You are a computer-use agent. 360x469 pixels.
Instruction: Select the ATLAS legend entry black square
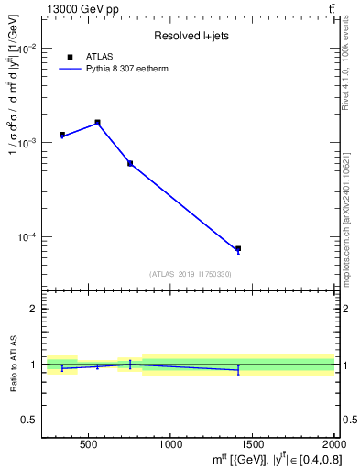pyautogui.click(x=70, y=57)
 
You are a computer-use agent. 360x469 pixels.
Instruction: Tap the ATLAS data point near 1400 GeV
pyautogui.click(x=238, y=249)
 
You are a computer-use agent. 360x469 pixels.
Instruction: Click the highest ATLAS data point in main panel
pyautogui.click(x=98, y=122)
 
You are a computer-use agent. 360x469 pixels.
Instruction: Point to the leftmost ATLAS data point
pyautogui.click(x=62, y=135)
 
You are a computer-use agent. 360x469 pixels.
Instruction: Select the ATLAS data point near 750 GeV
pyautogui.click(x=130, y=163)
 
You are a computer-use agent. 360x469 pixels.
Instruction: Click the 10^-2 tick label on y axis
pyautogui.click(x=27, y=49)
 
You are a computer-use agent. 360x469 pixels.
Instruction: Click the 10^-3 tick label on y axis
pyautogui.click(x=27, y=143)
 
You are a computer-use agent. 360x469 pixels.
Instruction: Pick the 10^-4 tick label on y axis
pyautogui.click(x=27, y=237)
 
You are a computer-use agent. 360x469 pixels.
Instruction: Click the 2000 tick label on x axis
pyautogui.click(x=333, y=444)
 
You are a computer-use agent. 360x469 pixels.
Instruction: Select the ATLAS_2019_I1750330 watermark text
pyautogui.click(x=190, y=274)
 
